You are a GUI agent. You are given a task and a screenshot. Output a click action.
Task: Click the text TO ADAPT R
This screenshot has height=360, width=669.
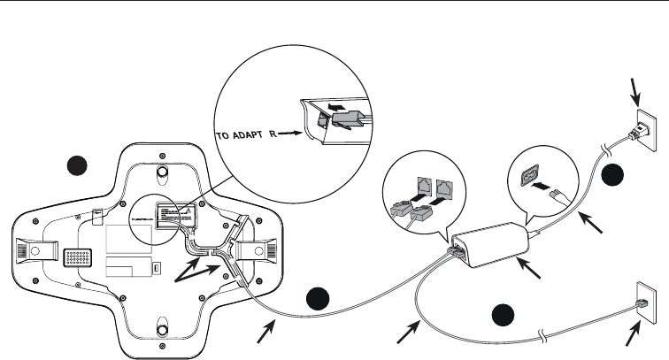point(250,138)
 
